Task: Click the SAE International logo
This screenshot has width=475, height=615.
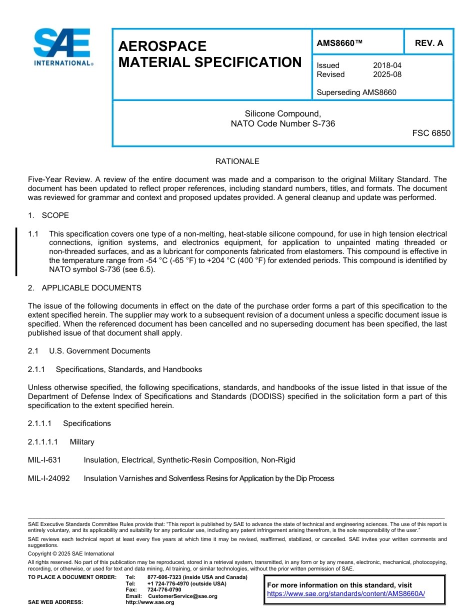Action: click(62, 47)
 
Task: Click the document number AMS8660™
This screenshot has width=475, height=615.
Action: click(339, 43)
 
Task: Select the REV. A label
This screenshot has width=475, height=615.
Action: click(428, 43)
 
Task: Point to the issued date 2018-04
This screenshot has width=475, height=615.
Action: click(387, 65)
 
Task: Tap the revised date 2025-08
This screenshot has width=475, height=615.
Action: click(387, 74)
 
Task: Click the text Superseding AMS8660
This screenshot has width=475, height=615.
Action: click(356, 92)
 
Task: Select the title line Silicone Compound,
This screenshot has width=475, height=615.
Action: click(282, 114)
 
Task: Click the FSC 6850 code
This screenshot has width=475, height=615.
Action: click(431, 133)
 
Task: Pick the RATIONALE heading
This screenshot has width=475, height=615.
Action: click(237, 161)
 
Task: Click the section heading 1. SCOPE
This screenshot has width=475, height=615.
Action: click(48, 215)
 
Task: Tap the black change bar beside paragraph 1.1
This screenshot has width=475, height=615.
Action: click(16, 251)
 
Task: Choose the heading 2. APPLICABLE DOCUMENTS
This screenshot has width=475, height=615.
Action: click(84, 288)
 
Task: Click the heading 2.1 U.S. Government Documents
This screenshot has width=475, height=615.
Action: click(89, 351)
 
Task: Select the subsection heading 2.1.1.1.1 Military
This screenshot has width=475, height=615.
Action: click(61, 442)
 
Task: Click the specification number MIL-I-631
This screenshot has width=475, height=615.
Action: click(44, 460)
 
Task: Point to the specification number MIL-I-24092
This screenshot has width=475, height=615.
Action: click(49, 478)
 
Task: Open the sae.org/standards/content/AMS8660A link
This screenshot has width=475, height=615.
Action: click(345, 594)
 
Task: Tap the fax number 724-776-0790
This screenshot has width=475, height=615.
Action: click(164, 590)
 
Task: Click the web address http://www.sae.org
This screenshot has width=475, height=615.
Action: click(149, 602)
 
